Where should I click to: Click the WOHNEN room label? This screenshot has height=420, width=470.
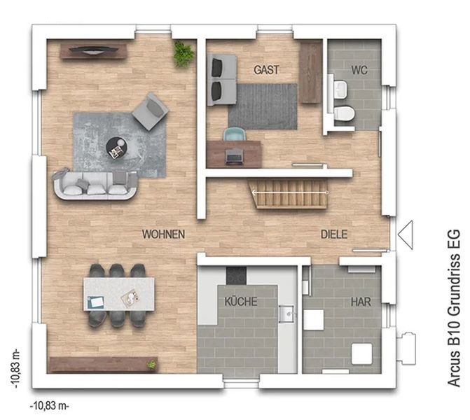(x=163, y=234)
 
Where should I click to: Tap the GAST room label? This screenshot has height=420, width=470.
(x=266, y=70)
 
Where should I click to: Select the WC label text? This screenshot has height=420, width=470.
(x=359, y=70)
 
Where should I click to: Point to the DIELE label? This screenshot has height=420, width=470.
(x=334, y=234)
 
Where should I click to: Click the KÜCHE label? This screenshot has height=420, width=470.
(x=241, y=301)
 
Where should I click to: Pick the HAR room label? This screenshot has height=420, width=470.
(x=361, y=302)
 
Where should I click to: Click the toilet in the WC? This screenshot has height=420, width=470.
(x=344, y=114)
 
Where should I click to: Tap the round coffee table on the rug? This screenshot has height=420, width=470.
(x=117, y=148)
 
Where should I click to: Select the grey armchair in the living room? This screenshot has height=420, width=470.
(x=150, y=111)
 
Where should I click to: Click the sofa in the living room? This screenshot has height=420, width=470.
(x=95, y=185)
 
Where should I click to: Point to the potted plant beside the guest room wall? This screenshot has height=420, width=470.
(x=184, y=54)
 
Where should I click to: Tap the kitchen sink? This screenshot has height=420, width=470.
(x=287, y=314)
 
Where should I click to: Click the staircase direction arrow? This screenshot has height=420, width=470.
(x=290, y=192)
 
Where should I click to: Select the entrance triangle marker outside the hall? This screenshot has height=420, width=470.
(x=406, y=235)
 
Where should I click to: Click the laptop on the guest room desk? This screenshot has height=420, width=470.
(x=234, y=157)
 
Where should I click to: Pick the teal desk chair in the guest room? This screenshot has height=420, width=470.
(x=234, y=134)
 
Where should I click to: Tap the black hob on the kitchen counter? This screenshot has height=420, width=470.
(x=237, y=276)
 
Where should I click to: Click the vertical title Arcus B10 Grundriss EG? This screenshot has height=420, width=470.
(x=453, y=308)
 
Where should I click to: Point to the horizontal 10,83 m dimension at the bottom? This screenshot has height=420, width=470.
(x=50, y=406)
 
